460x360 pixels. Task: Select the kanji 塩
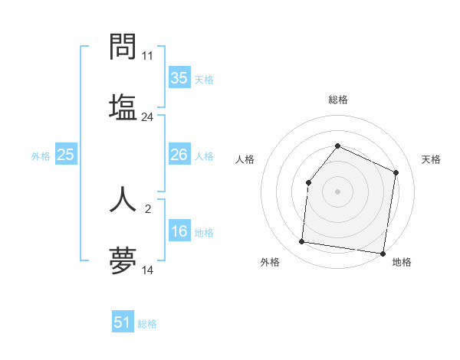[x=123, y=106]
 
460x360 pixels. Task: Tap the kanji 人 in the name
[x=123, y=198]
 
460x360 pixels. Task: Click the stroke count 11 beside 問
[x=147, y=56]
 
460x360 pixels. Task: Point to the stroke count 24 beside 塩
[x=147, y=117]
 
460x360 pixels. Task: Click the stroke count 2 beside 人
[x=147, y=208]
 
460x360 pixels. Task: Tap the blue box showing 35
[x=179, y=77]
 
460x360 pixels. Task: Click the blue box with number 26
[x=179, y=155]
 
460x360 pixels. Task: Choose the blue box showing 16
[x=179, y=231]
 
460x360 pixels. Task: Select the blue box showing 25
[x=66, y=155]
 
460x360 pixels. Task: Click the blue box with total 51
[x=123, y=322]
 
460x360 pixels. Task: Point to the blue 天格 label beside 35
[x=204, y=79]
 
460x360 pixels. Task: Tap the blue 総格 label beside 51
[x=147, y=324]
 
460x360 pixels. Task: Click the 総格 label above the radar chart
[x=337, y=100]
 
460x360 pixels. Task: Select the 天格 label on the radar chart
[x=431, y=159]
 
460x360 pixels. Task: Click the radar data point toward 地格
[x=383, y=253]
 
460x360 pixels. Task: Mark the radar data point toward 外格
[x=302, y=242]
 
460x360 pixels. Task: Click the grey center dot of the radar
[x=337, y=191]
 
